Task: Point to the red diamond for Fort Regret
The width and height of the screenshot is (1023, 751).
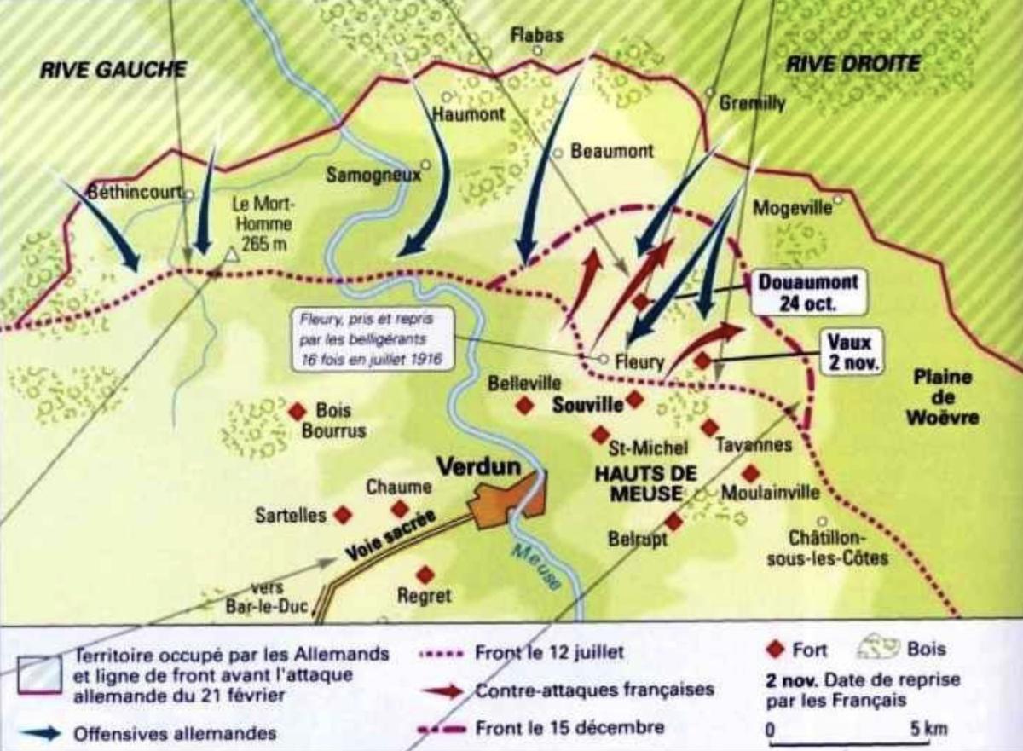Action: [x=425, y=575]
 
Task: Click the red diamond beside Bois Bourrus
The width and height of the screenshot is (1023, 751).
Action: [x=297, y=411]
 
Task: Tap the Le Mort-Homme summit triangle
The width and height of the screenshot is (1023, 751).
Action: [x=232, y=254]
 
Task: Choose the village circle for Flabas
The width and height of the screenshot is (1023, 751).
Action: [x=538, y=50]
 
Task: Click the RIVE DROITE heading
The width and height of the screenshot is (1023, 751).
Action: [x=852, y=64]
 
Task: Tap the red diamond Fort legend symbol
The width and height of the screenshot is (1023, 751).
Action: [x=774, y=650]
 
